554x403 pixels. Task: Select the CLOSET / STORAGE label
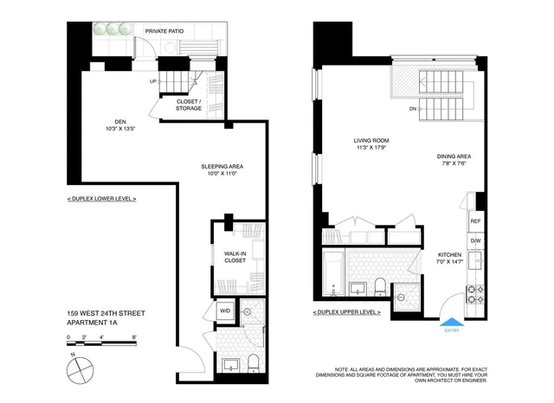pos(189,104)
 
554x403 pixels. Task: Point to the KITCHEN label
pos(450,256)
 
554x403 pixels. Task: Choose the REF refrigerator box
pos(475,221)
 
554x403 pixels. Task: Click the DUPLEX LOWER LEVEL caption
pos(101,199)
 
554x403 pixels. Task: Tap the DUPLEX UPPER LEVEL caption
pos(345,311)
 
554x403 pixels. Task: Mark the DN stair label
pos(413,110)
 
